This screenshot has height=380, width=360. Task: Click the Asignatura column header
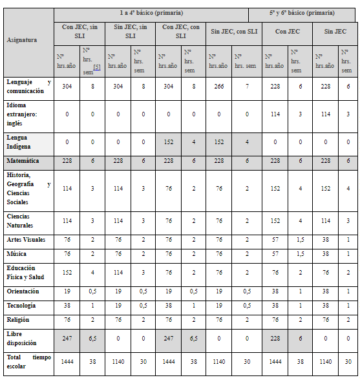click(x=21, y=40)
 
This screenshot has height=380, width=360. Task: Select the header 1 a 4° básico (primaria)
click(x=151, y=13)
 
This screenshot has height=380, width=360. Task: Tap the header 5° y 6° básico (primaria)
click(x=302, y=13)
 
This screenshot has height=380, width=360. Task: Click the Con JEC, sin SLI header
click(x=80, y=32)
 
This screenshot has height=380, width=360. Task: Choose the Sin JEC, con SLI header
click(x=234, y=31)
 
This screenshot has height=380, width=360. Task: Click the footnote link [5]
click(x=96, y=67)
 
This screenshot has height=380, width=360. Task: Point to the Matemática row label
click(x=23, y=160)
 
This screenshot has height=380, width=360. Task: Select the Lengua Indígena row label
click(x=21, y=142)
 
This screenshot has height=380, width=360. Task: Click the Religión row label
click(x=19, y=319)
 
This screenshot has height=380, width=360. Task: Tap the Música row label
click(x=17, y=254)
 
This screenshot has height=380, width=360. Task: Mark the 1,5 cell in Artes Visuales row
click(x=299, y=240)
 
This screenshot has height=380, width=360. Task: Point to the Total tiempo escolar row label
click(x=28, y=361)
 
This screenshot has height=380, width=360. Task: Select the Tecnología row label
click(x=21, y=305)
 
